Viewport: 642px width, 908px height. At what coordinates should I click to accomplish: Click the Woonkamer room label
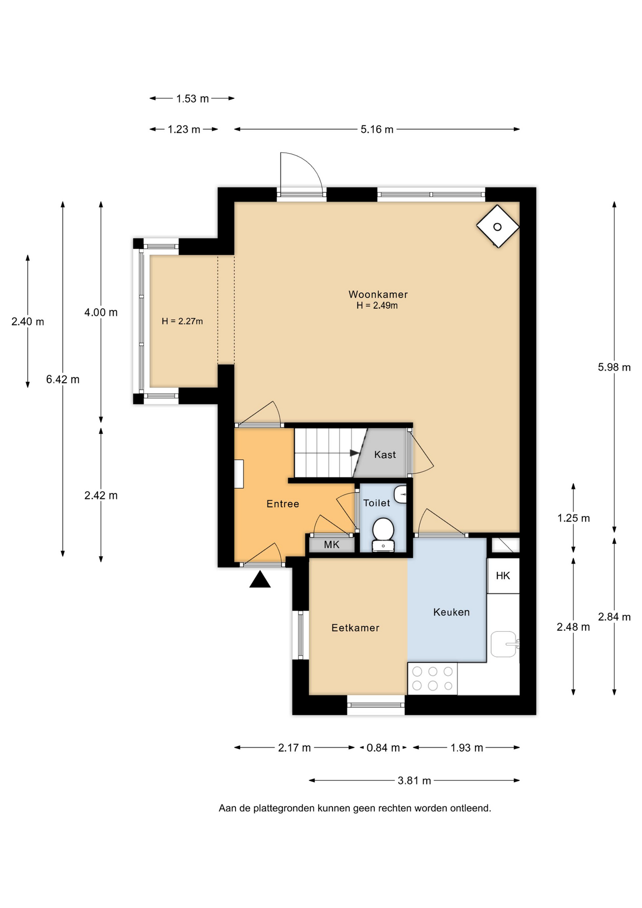378,294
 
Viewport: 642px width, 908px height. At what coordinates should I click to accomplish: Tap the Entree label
283,504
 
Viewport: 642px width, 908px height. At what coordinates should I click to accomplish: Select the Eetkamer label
355,628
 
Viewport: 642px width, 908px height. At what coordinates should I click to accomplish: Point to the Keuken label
451,612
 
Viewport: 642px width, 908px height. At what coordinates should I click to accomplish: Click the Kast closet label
385,454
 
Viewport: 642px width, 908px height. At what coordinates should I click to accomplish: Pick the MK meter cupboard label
331,544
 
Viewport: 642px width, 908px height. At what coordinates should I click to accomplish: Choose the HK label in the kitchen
503,576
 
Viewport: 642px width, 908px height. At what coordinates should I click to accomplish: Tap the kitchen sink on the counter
504,644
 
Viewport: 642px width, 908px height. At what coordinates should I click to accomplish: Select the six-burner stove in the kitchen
433,678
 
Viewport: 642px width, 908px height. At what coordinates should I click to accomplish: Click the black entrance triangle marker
260,579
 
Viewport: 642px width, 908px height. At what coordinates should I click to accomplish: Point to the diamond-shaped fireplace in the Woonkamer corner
498,227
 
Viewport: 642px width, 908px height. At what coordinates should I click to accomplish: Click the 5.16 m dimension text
377,129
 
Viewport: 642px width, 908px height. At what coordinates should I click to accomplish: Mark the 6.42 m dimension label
63,379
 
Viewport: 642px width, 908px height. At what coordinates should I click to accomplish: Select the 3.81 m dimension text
414,780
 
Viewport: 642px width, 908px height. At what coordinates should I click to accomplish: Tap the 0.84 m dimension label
383,748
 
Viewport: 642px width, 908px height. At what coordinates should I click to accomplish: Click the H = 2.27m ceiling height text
182,321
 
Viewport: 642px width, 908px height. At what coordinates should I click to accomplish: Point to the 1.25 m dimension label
573,518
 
